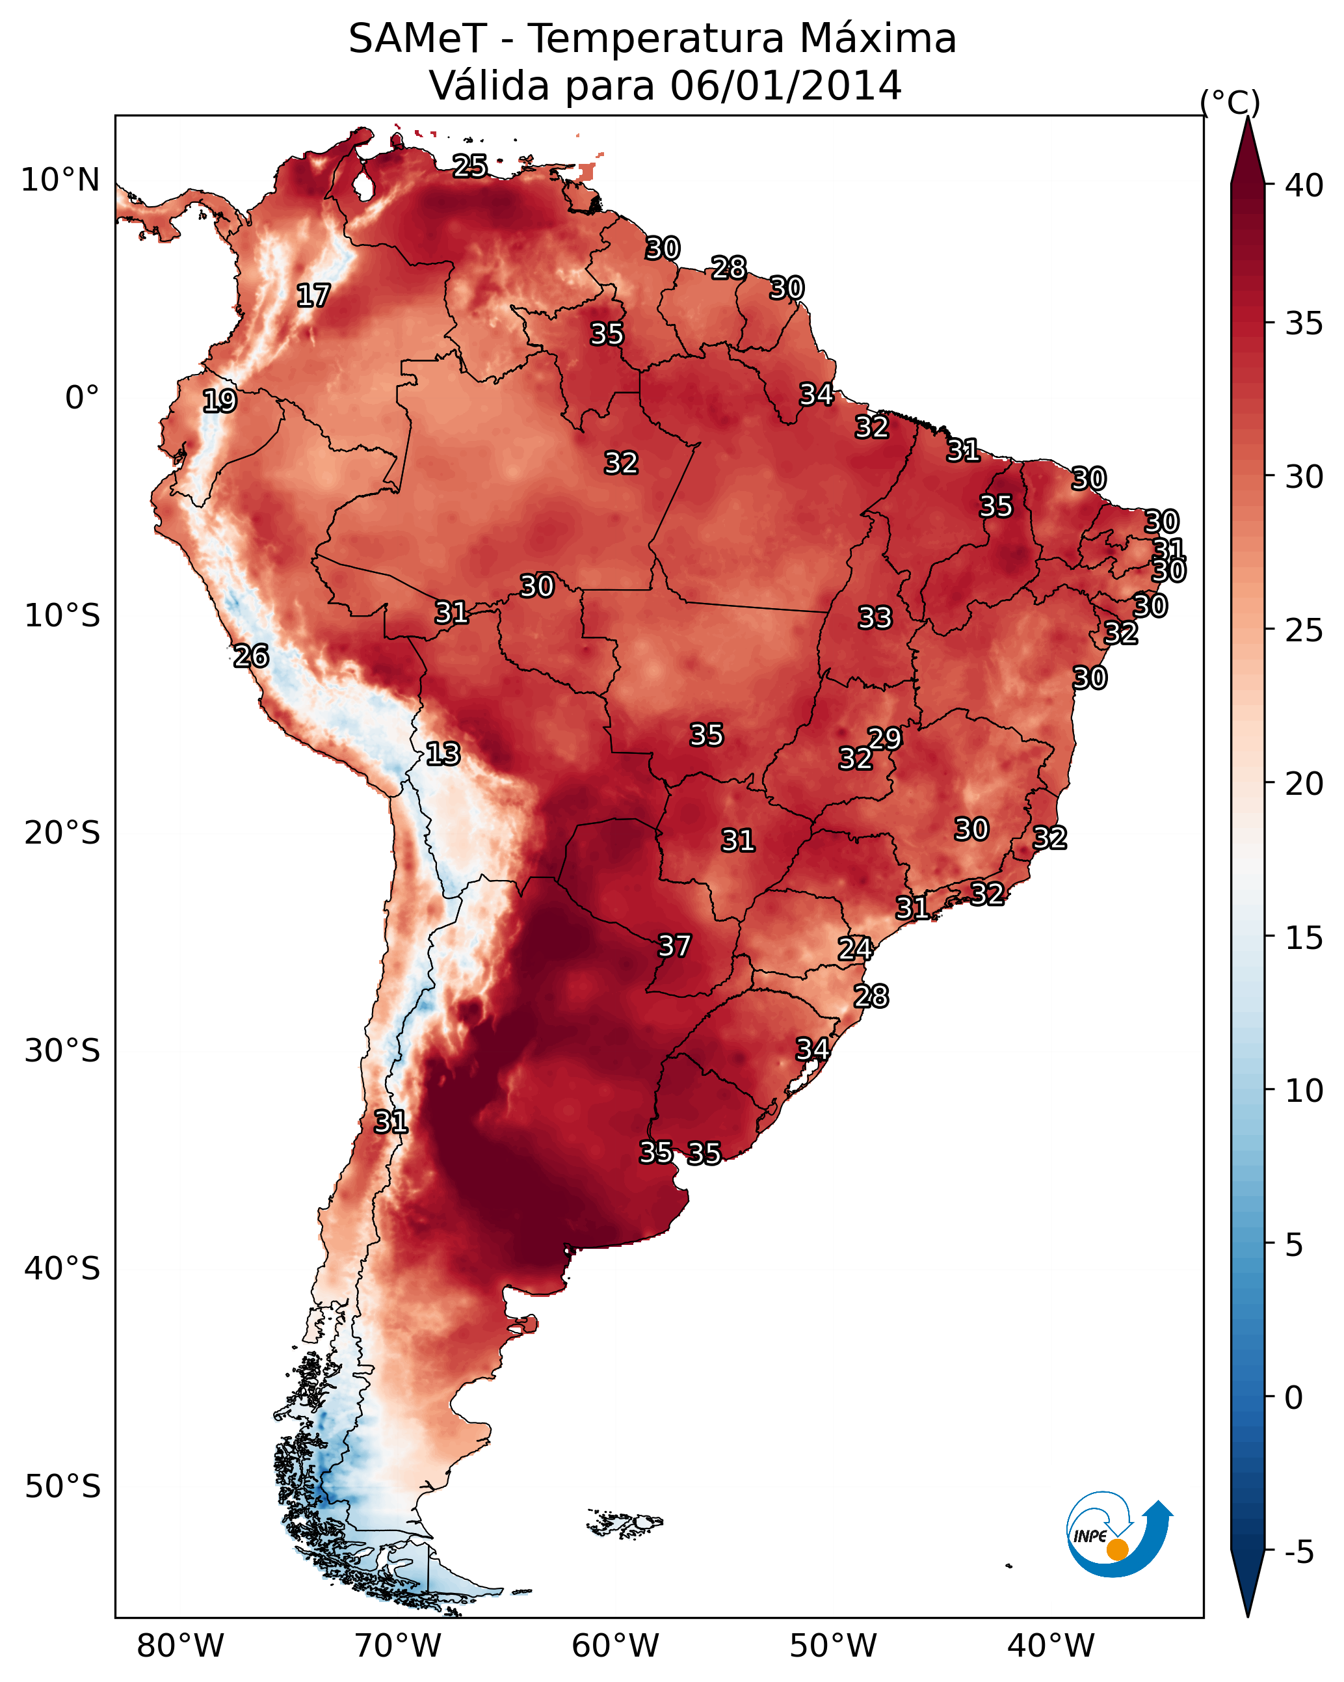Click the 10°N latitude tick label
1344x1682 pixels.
click(x=60, y=180)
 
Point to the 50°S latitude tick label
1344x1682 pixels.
click(x=62, y=1487)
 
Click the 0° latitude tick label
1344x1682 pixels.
click(x=82, y=398)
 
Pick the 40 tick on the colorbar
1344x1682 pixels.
click(x=1304, y=185)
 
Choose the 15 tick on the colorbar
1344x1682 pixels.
click(x=1304, y=938)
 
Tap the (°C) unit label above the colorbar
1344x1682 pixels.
click(x=1230, y=102)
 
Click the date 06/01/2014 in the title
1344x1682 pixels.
click(x=785, y=86)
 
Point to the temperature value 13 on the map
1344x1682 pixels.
click(x=443, y=754)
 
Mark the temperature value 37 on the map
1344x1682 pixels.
click(x=675, y=946)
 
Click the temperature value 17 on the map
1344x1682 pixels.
click(x=313, y=296)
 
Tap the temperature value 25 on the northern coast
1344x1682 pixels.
click(x=470, y=166)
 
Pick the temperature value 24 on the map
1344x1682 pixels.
click(x=855, y=949)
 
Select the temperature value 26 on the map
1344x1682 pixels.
click(x=251, y=656)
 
